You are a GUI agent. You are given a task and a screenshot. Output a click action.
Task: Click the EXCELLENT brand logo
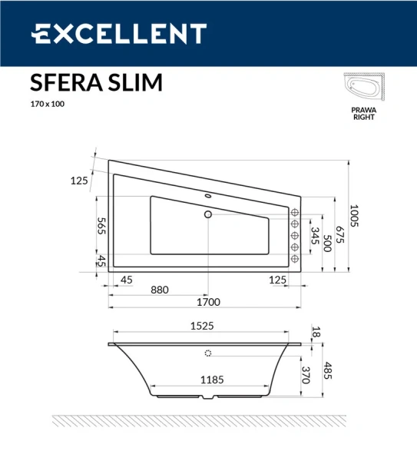point(119,34)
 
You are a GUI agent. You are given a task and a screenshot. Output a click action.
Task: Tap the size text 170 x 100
point(47,104)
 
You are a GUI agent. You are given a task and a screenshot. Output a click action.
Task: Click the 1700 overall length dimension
point(208,301)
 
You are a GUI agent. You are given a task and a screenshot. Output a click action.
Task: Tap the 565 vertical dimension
point(101,226)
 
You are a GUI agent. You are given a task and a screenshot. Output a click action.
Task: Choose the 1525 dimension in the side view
point(201,326)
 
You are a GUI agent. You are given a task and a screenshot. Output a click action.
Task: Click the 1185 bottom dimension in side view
point(202,379)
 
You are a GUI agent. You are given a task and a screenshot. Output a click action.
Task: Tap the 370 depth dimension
point(306,375)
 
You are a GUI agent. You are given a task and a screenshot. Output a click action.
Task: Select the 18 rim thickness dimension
point(315,332)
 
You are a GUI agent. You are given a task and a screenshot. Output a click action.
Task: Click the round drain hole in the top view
point(207,215)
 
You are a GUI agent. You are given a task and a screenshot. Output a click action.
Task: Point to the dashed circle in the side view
point(207,354)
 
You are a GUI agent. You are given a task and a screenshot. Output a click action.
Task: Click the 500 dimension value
point(327,244)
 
